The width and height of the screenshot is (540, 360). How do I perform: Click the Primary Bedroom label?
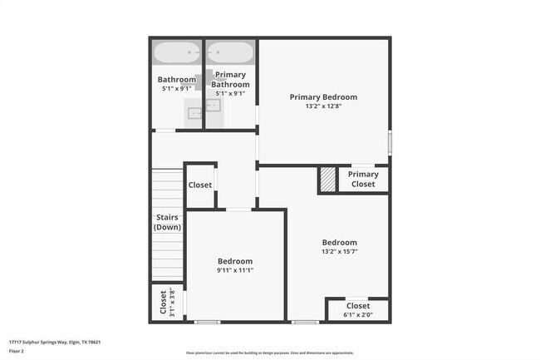(323, 97)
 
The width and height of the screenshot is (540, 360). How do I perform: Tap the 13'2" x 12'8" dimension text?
(323, 106)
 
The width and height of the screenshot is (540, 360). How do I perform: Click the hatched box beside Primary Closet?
(329, 180)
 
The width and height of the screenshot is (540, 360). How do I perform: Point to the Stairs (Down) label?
(168, 223)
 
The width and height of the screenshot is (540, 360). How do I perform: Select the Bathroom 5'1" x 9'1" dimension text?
(176, 88)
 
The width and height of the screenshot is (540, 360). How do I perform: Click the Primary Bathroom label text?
(230, 80)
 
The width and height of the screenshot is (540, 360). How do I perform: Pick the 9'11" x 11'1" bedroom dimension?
(235, 270)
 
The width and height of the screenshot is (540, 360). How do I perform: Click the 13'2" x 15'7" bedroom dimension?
(340, 252)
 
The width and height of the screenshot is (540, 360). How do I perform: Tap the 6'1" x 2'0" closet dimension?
(357, 315)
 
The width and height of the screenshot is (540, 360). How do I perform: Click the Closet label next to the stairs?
(199, 185)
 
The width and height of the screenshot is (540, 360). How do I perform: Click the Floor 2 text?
(17, 351)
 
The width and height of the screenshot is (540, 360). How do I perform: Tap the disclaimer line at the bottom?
(269, 353)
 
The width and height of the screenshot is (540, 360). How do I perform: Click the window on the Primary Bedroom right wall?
(389, 141)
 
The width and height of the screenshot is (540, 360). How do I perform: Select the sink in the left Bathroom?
(193, 112)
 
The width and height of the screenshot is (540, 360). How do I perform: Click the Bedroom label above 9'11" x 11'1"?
(235, 261)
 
